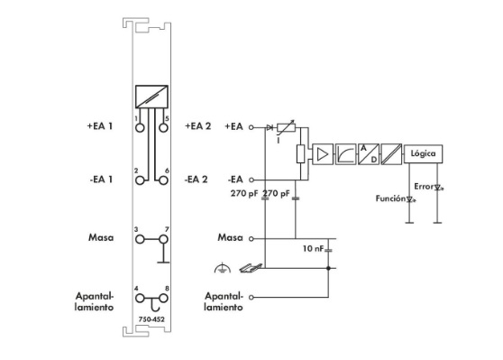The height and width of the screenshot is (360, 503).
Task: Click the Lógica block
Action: [423, 153]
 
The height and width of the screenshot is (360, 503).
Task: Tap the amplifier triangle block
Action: [323, 154]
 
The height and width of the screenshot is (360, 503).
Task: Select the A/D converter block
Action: [369, 154]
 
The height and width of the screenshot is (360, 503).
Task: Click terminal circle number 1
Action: [140, 127]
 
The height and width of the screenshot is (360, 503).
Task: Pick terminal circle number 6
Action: [163, 180]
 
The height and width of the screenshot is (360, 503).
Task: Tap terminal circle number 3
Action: [140, 239]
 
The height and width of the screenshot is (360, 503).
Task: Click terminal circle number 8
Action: [163, 299]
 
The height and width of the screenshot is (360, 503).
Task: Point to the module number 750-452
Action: [151, 319]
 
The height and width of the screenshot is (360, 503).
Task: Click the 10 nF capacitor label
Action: [313, 248]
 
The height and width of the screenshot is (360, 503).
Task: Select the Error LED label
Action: [424, 187]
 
